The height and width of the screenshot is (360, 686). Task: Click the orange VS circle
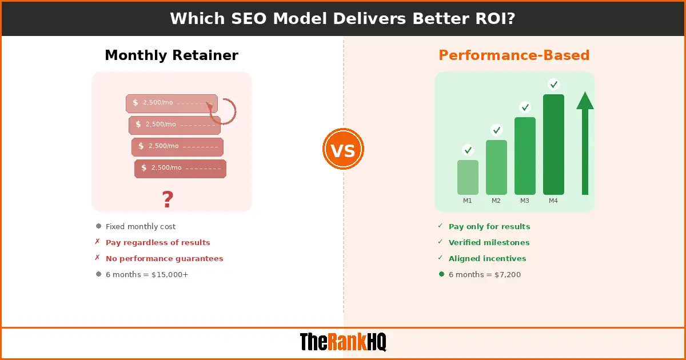click(x=343, y=150)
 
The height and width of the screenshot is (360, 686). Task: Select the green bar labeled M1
click(x=468, y=177)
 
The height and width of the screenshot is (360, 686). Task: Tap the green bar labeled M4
click(x=553, y=145)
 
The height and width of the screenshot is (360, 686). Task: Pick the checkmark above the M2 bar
click(x=496, y=130)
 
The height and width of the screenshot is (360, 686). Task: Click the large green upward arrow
click(x=585, y=143)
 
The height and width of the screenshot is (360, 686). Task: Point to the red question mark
click(x=167, y=199)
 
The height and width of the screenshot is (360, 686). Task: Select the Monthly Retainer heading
click(x=171, y=55)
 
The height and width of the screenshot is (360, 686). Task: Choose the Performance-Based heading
click(x=514, y=55)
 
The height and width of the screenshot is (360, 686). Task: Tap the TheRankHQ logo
click(x=343, y=342)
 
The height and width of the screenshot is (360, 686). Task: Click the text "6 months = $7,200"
click(x=484, y=275)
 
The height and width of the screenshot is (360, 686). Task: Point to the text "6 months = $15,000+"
click(x=147, y=275)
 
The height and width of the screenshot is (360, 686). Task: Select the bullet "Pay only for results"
click(x=489, y=227)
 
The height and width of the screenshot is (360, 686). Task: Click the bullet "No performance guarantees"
click(x=164, y=259)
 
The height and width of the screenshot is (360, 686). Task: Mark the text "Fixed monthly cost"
click(x=141, y=227)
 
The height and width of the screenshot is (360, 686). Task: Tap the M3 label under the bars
click(x=525, y=201)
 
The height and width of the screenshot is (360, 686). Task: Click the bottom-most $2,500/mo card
click(x=180, y=168)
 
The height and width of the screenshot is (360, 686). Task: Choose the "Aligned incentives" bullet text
click(x=487, y=259)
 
